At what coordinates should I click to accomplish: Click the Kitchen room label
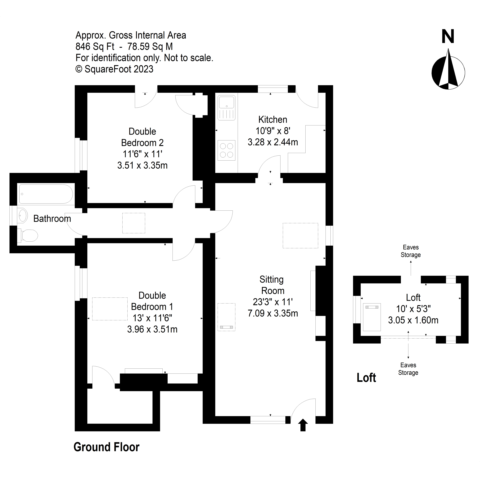click(x=273, y=120)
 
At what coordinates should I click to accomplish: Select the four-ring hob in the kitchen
click(x=226, y=150)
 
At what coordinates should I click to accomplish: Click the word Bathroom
click(x=52, y=219)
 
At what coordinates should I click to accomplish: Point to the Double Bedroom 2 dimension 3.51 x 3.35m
click(x=142, y=165)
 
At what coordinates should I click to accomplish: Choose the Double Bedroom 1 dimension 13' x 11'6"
click(x=152, y=318)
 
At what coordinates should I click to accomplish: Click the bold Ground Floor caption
click(x=107, y=447)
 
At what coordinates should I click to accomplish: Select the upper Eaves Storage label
click(x=411, y=251)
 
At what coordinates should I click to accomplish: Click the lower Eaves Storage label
click(x=408, y=369)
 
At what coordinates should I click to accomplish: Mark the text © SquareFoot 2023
click(x=114, y=69)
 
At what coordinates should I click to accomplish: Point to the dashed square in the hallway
click(x=134, y=223)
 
